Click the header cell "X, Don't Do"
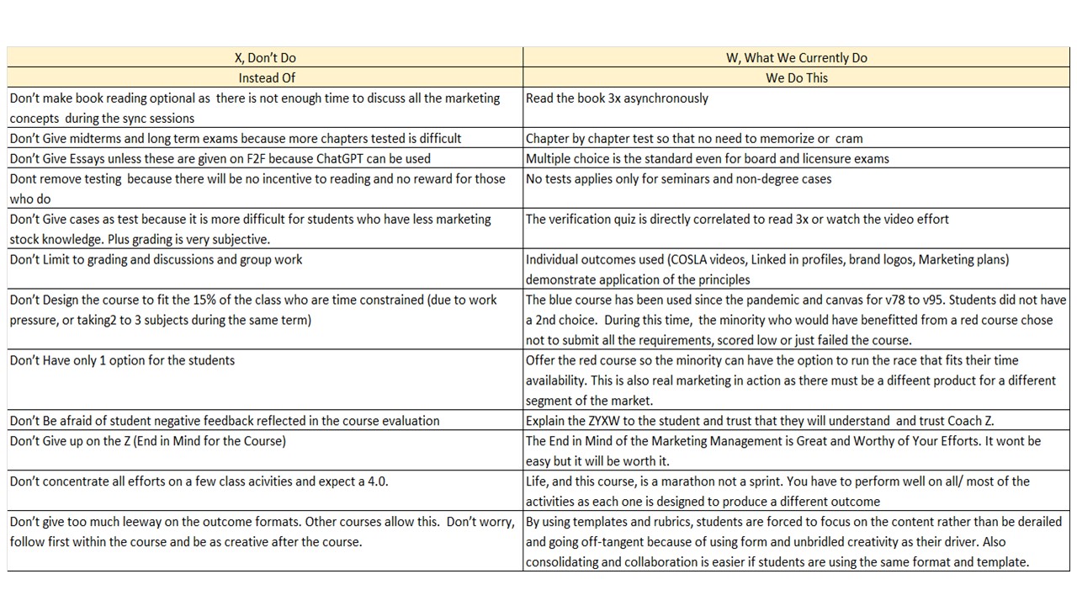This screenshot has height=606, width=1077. click(265, 58)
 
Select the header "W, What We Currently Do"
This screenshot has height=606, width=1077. click(796, 58)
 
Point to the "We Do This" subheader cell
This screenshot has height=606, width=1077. click(796, 78)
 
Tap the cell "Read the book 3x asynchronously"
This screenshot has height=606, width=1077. click(617, 98)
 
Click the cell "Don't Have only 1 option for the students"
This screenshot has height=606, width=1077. click(122, 361)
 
